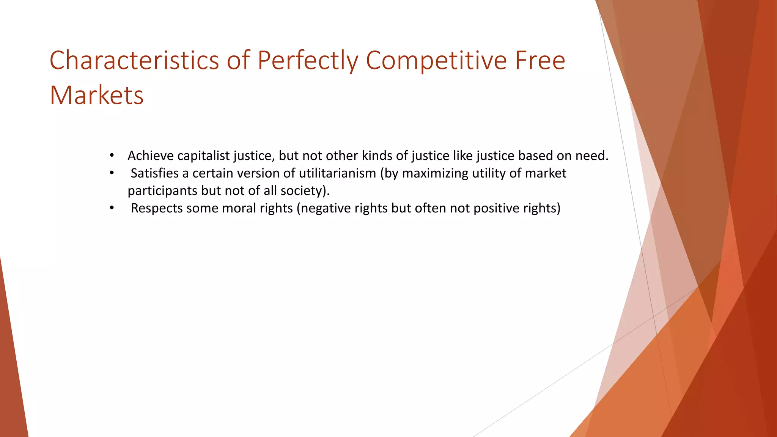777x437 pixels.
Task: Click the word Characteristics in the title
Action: point(134,60)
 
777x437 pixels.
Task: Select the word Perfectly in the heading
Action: point(308,60)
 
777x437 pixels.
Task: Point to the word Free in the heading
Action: point(540,60)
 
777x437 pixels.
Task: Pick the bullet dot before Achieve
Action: point(112,156)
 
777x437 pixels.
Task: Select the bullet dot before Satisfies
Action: point(112,173)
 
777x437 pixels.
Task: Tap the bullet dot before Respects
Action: point(112,208)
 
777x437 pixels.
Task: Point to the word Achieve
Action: point(151,156)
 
